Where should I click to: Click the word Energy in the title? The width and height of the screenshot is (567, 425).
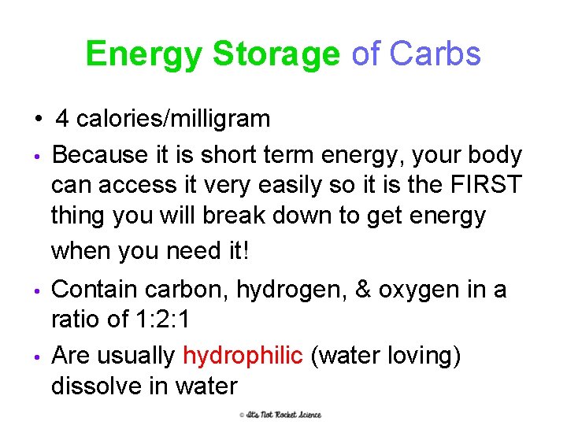144,54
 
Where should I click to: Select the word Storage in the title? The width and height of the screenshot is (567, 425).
276,54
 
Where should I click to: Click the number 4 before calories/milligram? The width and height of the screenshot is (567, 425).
62,120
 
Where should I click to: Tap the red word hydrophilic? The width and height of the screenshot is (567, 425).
243,356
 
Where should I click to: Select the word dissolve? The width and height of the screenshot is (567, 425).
101,386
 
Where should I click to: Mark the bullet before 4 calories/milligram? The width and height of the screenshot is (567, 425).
38,120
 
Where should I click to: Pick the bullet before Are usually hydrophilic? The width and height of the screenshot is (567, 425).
38,357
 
